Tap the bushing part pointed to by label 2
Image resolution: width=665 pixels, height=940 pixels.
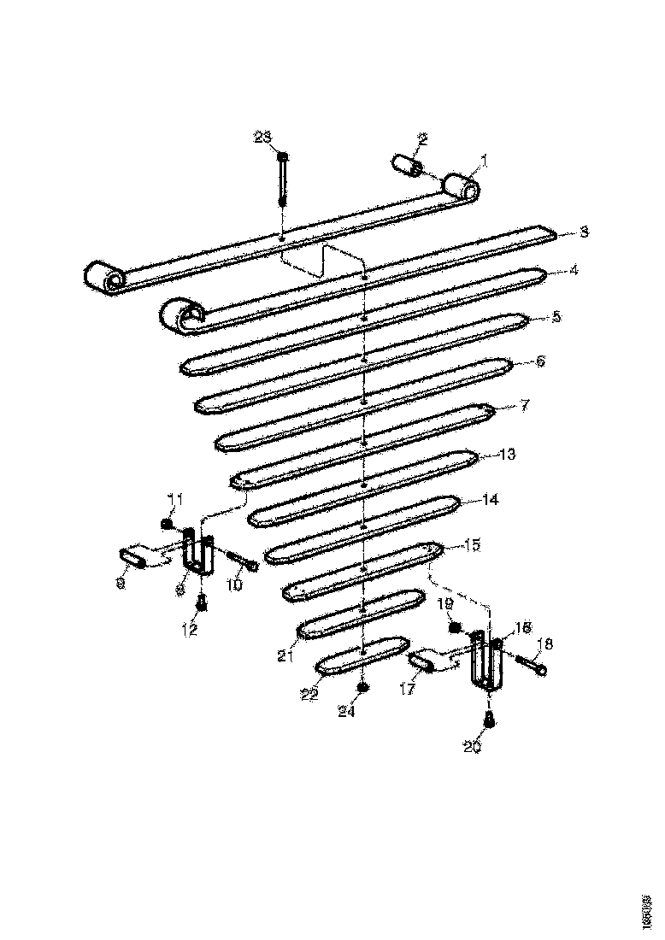pos(404,165)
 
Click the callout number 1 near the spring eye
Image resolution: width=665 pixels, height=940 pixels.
pos(483,160)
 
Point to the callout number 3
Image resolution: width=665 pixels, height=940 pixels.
pos(584,232)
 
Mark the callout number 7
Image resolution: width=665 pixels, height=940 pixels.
pos(526,404)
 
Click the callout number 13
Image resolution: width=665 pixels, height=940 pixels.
pos(507,455)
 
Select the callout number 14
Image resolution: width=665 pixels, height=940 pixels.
pos(490,499)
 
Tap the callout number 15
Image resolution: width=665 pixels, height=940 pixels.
pos(472,544)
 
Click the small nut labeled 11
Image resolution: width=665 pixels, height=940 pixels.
pos(168,523)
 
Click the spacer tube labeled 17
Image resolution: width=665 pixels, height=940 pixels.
pos(422,661)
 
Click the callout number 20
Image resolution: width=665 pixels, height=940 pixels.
pos(473,746)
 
